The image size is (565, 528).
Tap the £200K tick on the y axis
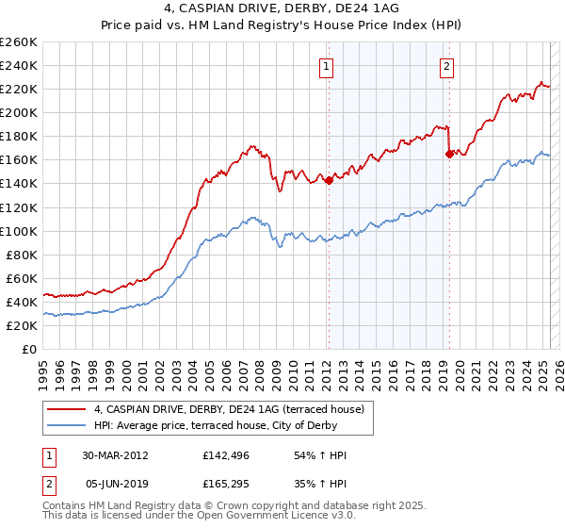[x=18, y=112]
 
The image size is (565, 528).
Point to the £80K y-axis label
[x=21, y=255]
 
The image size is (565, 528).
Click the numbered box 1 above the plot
[x=326, y=66]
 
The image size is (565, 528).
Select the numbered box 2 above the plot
[x=445, y=66]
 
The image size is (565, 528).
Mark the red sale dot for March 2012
[x=329, y=181]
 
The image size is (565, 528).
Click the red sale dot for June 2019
[x=449, y=154]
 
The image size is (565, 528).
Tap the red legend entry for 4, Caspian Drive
[x=234, y=409]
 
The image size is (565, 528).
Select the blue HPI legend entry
[x=234, y=426]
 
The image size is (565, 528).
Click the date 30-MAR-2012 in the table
[x=115, y=455]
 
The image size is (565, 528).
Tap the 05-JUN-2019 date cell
[x=115, y=482]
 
